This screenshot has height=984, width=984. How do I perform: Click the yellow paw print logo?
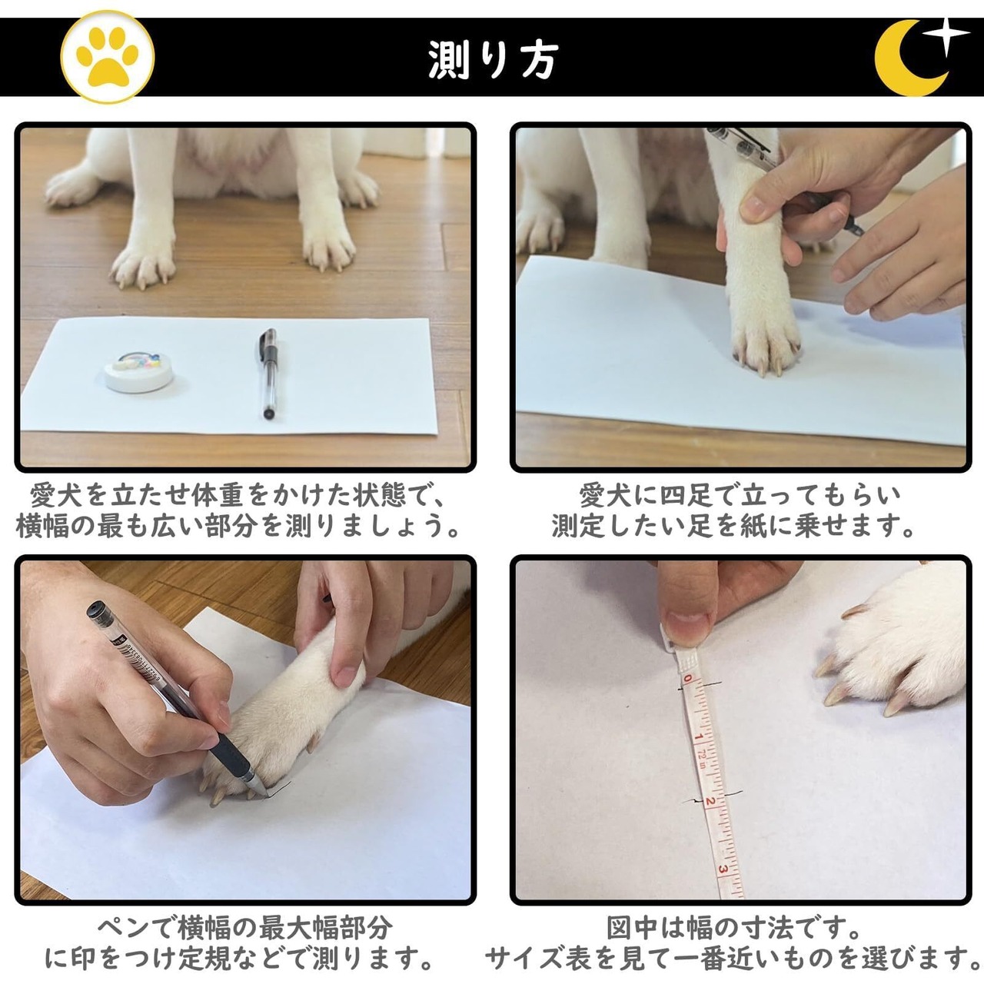point(107,57)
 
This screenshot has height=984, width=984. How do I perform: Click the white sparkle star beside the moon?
point(947,37)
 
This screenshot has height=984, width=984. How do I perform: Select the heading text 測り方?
point(494,60)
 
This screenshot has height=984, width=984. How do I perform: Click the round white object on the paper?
point(139,371)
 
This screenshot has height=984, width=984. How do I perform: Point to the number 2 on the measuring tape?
point(710,801)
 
